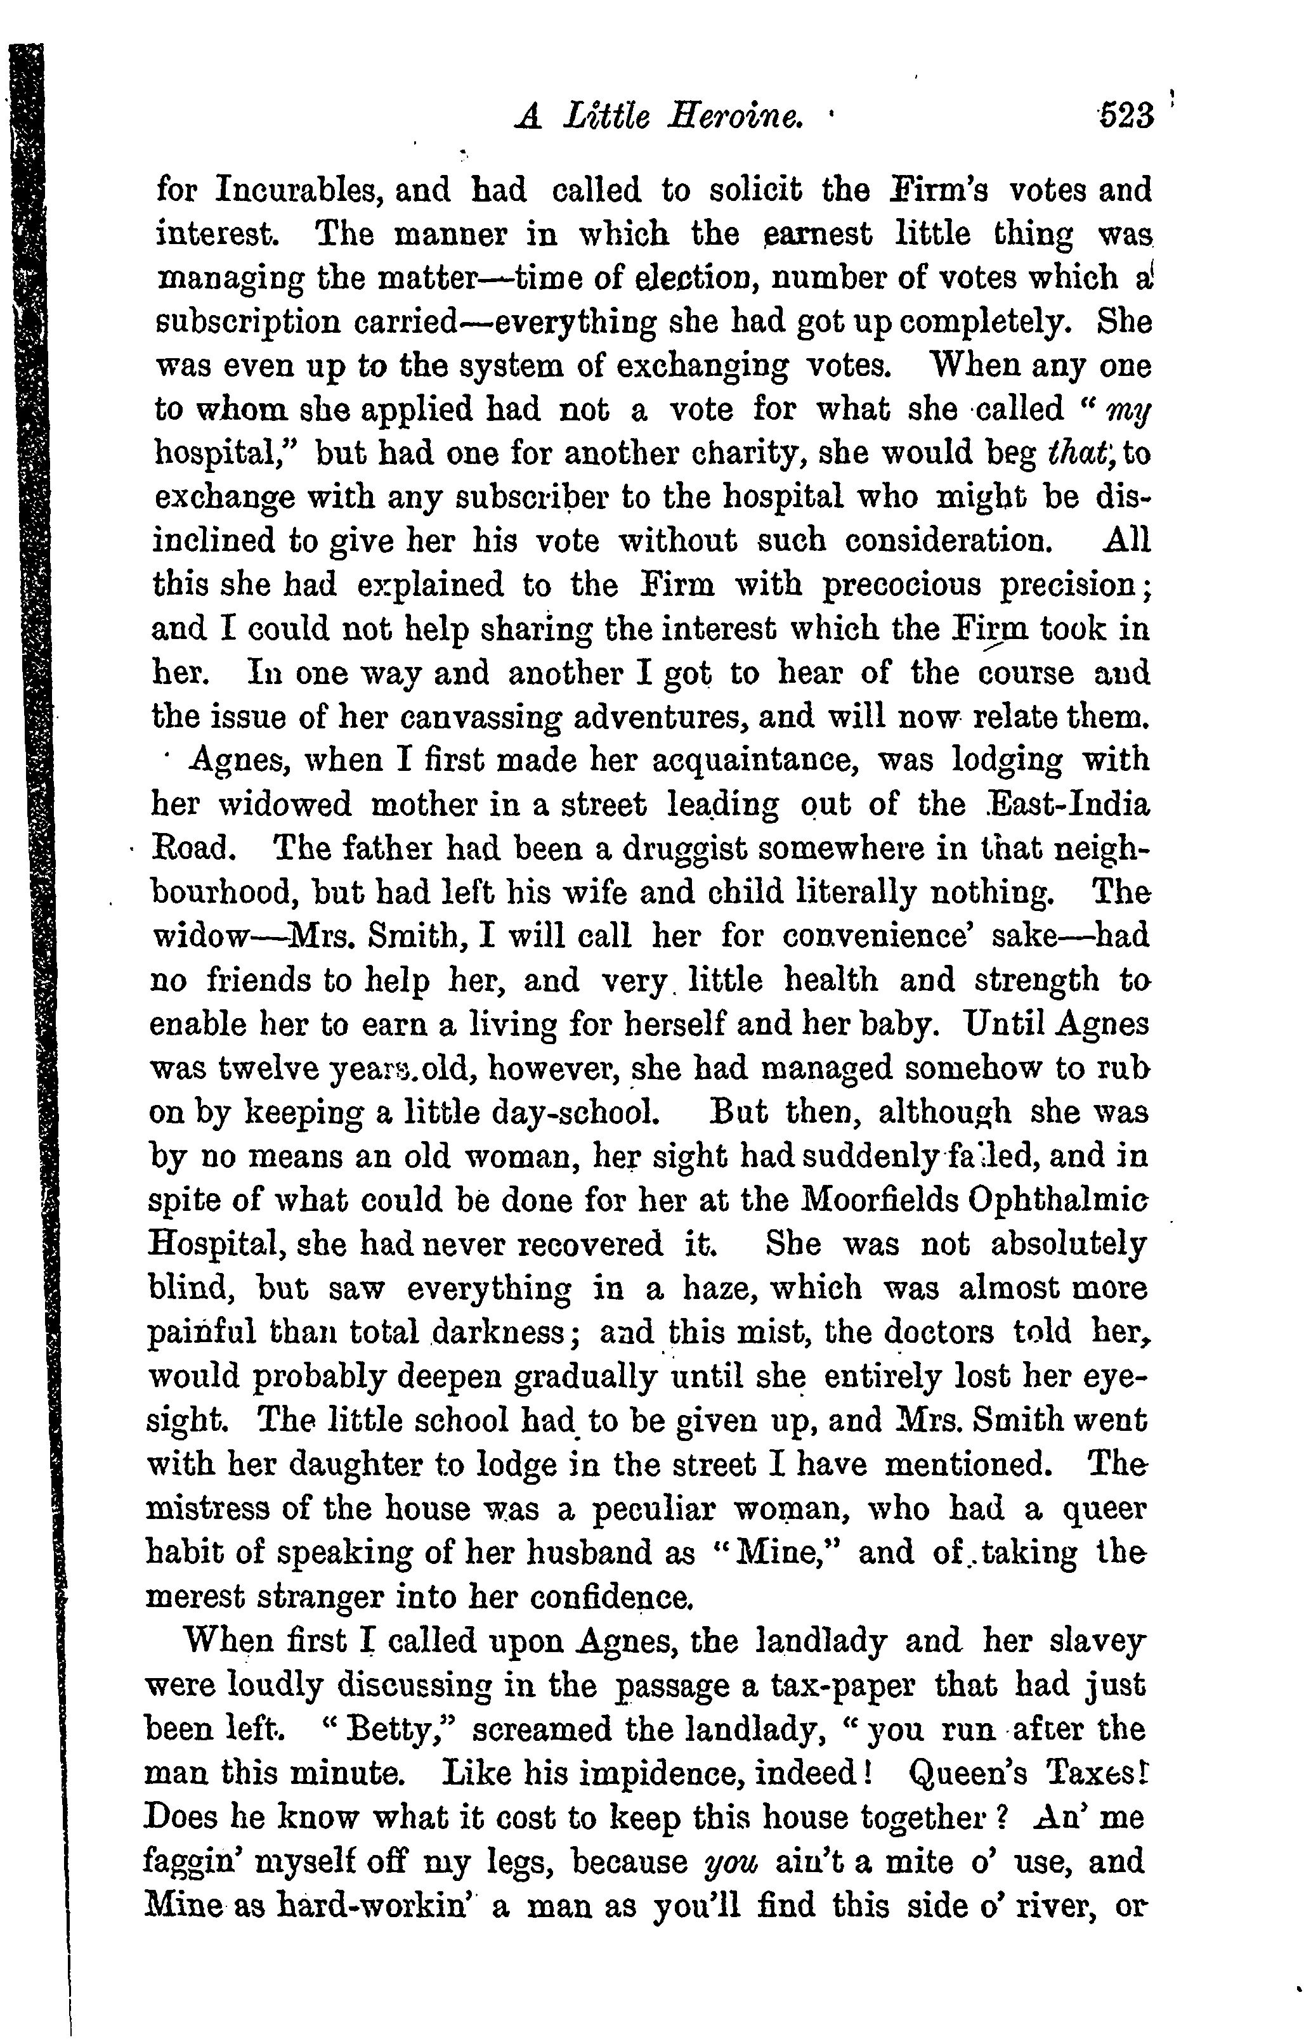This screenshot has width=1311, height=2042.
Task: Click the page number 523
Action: click(x=1125, y=115)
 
